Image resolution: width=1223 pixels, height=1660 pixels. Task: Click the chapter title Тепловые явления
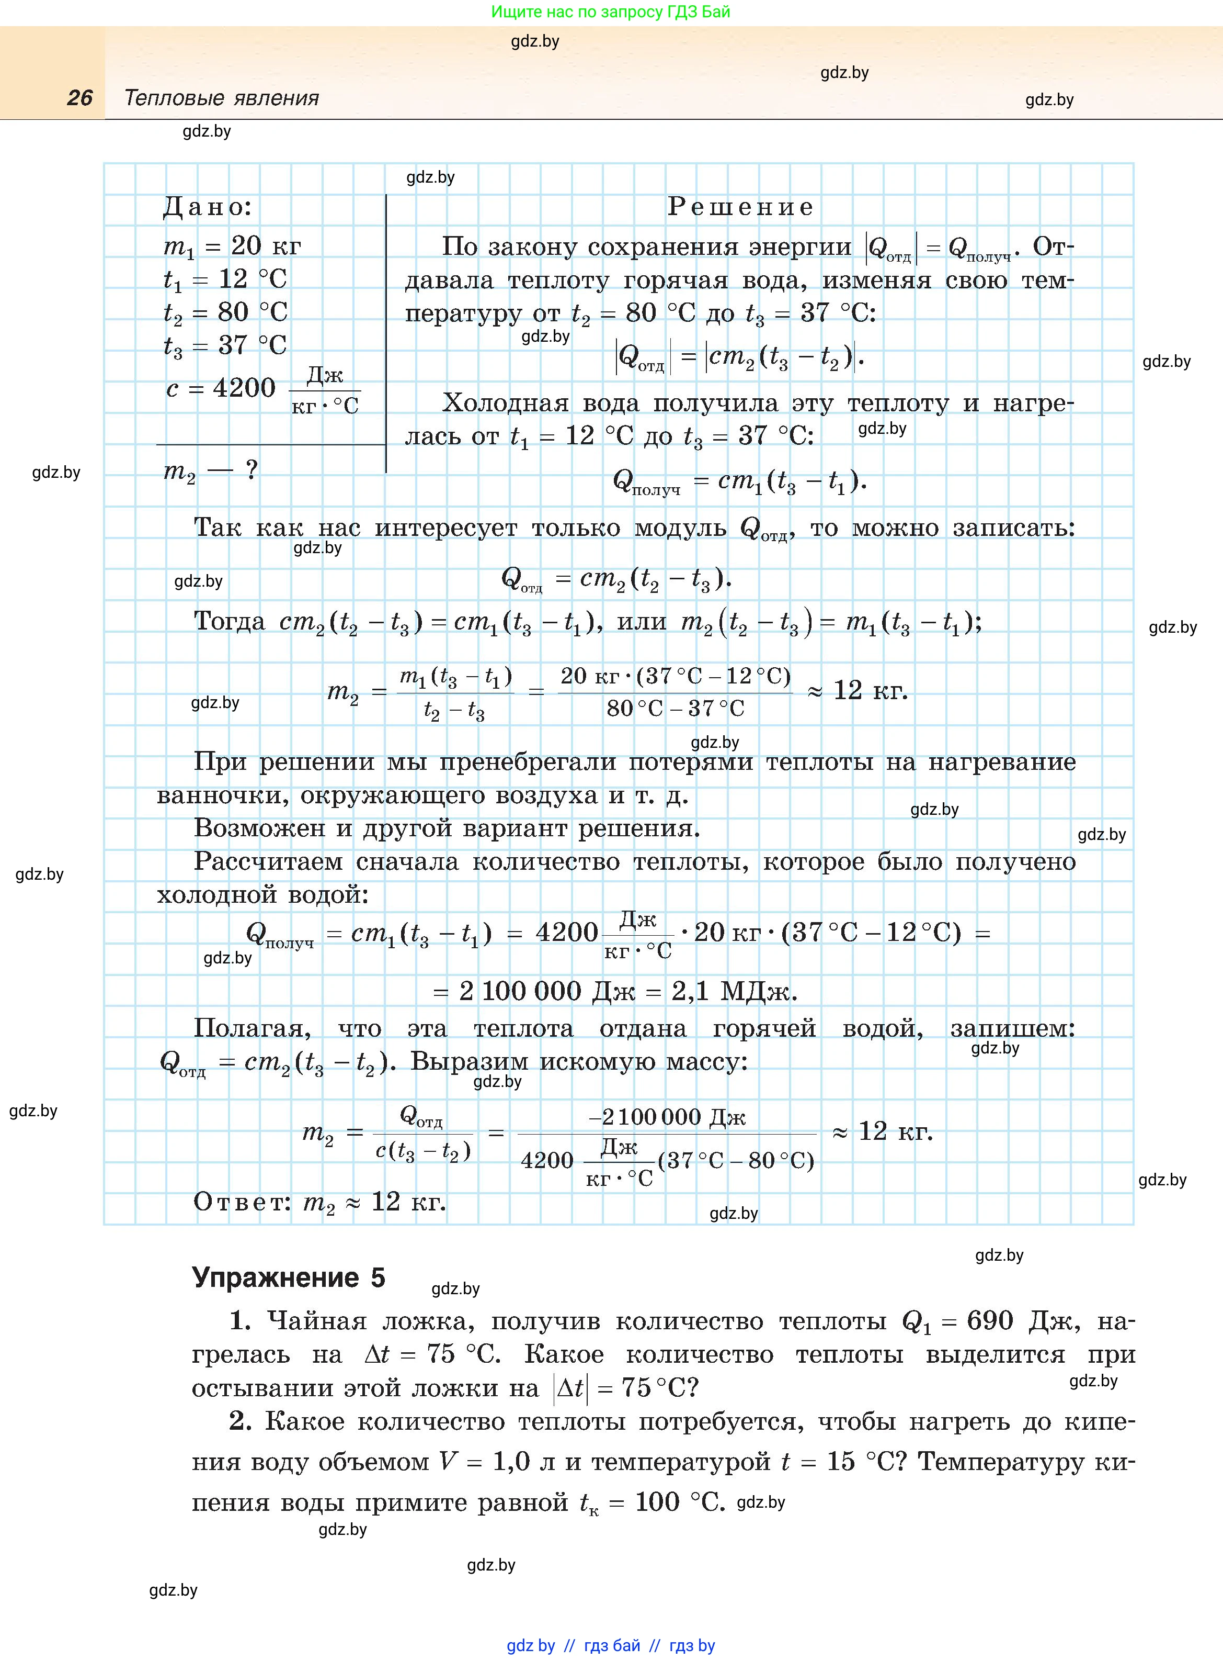coord(221,98)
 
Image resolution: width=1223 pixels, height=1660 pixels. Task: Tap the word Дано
coord(207,207)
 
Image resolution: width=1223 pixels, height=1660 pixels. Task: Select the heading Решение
coord(740,207)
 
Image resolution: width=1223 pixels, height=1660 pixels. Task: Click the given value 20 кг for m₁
coord(266,246)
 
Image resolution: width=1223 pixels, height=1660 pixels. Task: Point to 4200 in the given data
coord(244,387)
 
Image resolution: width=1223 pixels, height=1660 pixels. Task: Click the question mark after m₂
coord(252,469)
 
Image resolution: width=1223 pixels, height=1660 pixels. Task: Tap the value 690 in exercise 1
coord(990,1321)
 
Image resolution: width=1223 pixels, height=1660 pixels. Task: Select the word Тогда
coord(229,621)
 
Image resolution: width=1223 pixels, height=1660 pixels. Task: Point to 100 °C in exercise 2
coord(679,1502)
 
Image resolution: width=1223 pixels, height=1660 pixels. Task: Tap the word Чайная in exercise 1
coord(317,1321)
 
